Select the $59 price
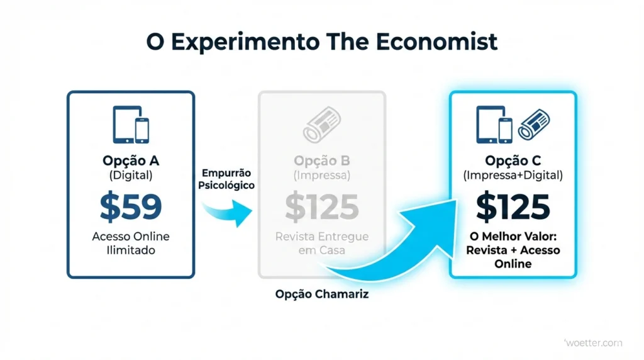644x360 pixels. pyautogui.click(x=131, y=208)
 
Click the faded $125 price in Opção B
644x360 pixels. pyautogui.click(x=321, y=207)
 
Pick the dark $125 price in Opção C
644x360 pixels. pyautogui.click(x=513, y=207)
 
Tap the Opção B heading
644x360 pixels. pyautogui.click(x=321, y=160)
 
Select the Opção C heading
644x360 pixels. pyautogui.click(x=513, y=160)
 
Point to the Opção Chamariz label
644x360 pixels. pyautogui.click(x=322, y=294)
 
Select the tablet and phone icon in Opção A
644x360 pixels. pyautogui.click(x=131, y=124)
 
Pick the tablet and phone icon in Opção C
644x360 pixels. pyautogui.click(x=494, y=124)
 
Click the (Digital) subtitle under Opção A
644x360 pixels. pyautogui.click(x=131, y=176)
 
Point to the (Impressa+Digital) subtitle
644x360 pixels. pyautogui.click(x=513, y=176)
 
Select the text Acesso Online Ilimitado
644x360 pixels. pyautogui.click(x=131, y=244)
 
